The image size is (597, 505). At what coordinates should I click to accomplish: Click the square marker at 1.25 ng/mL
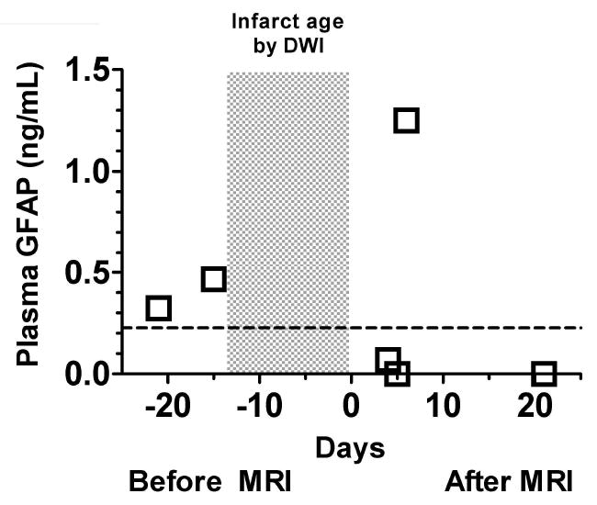(x=406, y=120)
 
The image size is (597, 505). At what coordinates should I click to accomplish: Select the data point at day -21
(x=159, y=308)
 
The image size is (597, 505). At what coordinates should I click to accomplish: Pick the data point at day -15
(x=214, y=279)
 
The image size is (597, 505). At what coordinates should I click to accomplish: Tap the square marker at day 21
(x=545, y=374)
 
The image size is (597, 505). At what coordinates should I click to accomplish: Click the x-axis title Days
(x=350, y=448)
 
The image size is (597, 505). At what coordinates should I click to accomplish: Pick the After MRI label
(x=507, y=482)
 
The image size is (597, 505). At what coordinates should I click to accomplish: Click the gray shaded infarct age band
(x=287, y=220)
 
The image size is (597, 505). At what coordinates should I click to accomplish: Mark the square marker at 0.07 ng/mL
(x=388, y=359)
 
